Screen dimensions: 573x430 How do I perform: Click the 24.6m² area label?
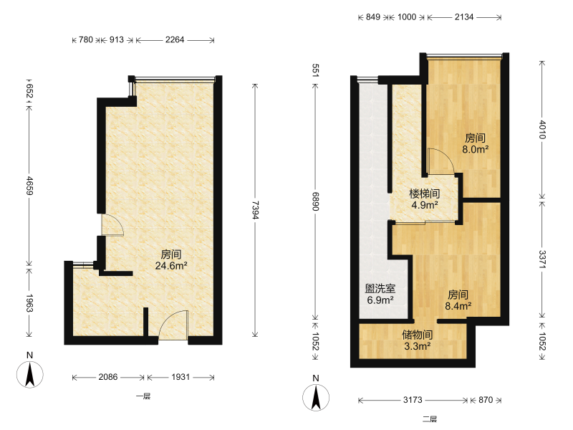point(171,265)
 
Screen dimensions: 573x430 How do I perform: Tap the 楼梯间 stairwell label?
point(424,193)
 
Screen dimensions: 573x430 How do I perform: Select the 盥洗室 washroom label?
point(380,289)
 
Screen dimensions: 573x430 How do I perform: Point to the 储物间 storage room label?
point(418,334)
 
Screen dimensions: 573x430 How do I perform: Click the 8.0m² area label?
point(475,149)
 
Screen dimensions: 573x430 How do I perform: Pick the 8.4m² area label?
point(458,306)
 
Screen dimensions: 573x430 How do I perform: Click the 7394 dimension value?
point(255,210)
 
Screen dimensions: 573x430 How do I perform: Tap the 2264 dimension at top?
point(175,39)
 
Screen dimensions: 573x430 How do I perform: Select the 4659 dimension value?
point(29,186)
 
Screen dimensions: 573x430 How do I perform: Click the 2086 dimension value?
point(108,377)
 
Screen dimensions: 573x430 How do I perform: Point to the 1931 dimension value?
point(180,377)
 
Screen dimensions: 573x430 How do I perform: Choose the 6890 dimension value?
point(315,201)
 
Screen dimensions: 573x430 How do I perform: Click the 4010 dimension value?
point(542,130)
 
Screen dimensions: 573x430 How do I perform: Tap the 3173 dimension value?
point(413,400)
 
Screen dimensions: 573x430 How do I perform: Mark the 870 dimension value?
point(486,400)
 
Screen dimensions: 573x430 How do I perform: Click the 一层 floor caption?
point(143,396)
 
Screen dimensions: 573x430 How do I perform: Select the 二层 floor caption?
point(430,419)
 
